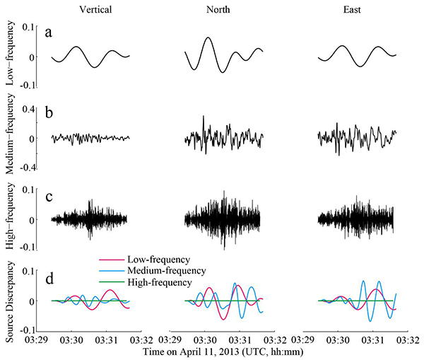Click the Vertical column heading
click(91, 9)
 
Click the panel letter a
click(49, 34)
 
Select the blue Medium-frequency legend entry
click(166, 271)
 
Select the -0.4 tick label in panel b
click(26, 168)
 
